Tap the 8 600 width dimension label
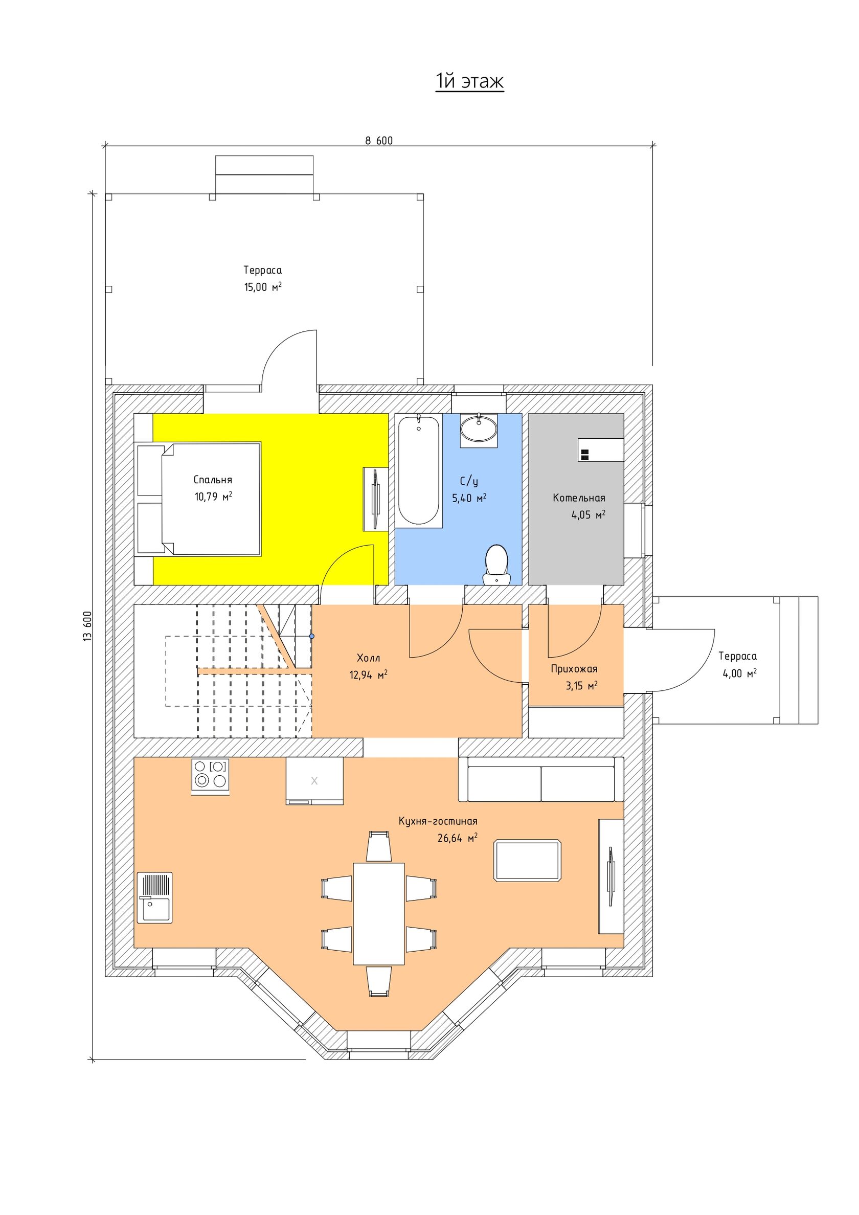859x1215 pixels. pyautogui.click(x=378, y=141)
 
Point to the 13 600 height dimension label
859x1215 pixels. pyautogui.click(x=88, y=626)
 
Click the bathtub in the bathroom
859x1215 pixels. pyautogui.click(x=418, y=469)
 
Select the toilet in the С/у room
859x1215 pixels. pyautogui.click(x=496, y=564)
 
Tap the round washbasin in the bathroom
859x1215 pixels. pyautogui.click(x=479, y=428)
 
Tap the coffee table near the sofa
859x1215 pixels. pyautogui.click(x=527, y=861)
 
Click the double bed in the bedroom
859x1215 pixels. pyautogui.click(x=211, y=499)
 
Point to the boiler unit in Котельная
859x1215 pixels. pyautogui.click(x=600, y=450)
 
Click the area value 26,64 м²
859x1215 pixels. pyautogui.click(x=457, y=838)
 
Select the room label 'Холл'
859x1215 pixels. pyautogui.click(x=368, y=658)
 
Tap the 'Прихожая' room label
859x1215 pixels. pyautogui.click(x=574, y=669)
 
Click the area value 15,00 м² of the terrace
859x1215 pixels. pyautogui.click(x=262, y=287)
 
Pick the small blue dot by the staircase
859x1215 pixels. pyautogui.click(x=312, y=636)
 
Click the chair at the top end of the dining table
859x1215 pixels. pyautogui.click(x=379, y=847)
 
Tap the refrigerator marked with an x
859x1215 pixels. pyautogui.click(x=314, y=780)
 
